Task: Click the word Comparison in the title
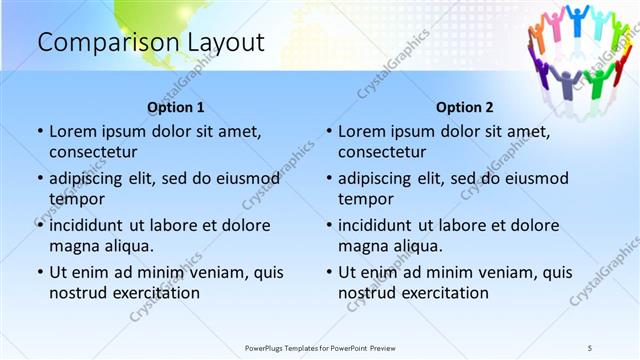click(x=95, y=43)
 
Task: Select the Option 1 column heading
click(x=176, y=107)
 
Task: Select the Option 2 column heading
click(x=465, y=107)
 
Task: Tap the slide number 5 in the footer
click(x=590, y=347)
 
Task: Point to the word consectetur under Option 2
click(x=382, y=152)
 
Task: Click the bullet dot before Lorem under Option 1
click(x=40, y=131)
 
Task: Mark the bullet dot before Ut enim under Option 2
click(x=329, y=271)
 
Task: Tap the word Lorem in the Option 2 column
click(x=361, y=131)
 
